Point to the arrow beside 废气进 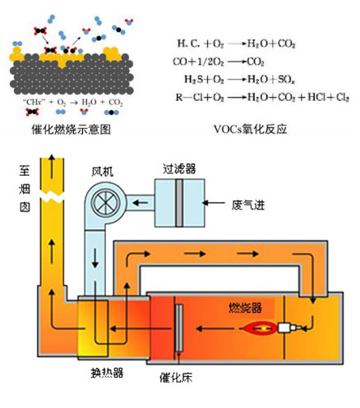[215, 202]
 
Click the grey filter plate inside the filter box [177, 201]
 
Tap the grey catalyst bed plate [178, 331]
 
